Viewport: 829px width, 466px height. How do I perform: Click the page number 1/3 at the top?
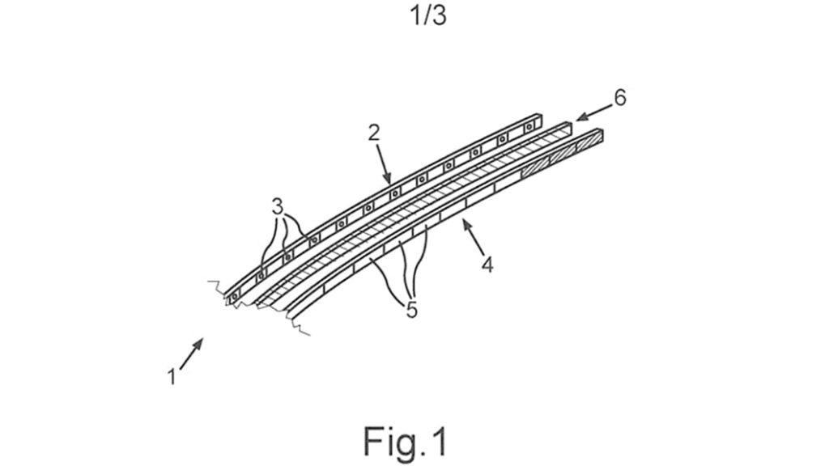coord(428,15)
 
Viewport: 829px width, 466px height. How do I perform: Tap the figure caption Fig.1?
coord(406,442)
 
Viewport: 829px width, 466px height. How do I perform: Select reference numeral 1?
coord(172,377)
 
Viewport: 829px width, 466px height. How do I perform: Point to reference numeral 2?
coord(374,133)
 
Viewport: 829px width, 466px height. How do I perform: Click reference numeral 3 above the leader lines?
coord(278,206)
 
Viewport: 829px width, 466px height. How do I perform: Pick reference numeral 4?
coord(487,265)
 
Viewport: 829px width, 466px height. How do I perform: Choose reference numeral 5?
coord(412,310)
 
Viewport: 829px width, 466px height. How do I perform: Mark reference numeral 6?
coord(619,98)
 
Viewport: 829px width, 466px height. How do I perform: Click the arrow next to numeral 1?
coord(191,354)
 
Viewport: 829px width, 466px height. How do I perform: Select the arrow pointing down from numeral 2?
coord(384,163)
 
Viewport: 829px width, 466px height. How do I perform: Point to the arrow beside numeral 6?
coord(593,112)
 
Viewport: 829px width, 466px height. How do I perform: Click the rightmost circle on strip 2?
coord(528,127)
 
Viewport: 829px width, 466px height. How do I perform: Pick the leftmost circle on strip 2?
coord(235,297)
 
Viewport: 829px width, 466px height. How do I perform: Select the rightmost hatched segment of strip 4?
coord(590,140)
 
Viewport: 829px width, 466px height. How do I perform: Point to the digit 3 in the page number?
coord(439,16)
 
